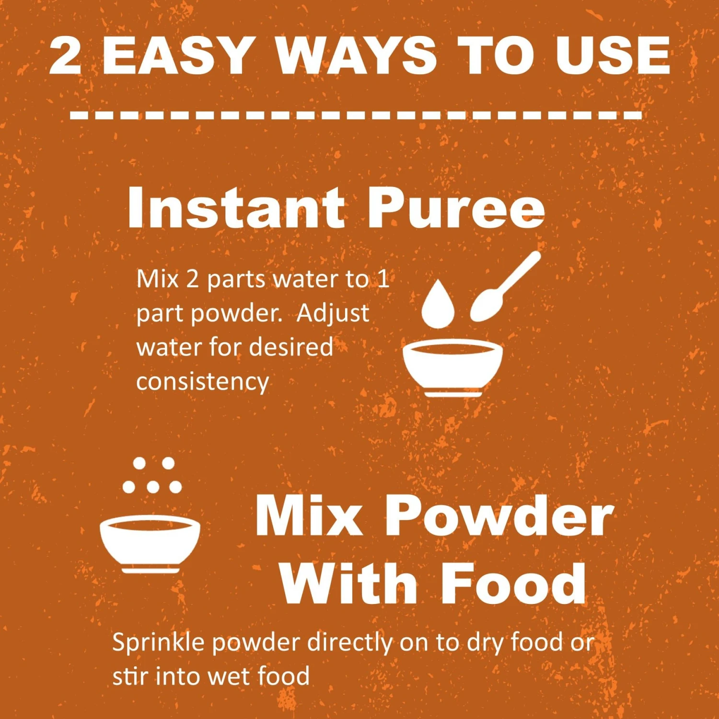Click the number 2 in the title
[x=65, y=56]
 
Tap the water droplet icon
[x=438, y=304]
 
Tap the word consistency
[x=203, y=382]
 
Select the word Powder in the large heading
[x=499, y=516]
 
